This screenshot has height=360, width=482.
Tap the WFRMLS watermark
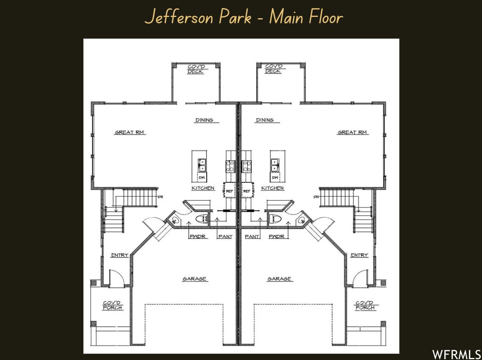click(x=457, y=354)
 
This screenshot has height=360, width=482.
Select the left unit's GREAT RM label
click(x=130, y=132)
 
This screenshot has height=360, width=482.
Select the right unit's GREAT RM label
click(x=352, y=132)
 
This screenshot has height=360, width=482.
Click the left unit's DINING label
click(x=204, y=120)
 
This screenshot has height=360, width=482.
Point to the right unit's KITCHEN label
click(x=272, y=188)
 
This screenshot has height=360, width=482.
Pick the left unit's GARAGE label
click(x=194, y=279)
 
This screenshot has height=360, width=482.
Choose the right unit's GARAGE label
click(x=279, y=279)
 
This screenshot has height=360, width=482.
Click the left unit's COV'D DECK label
click(x=196, y=69)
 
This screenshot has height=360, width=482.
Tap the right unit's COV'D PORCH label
click(x=365, y=305)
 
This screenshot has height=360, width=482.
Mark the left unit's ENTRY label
click(x=120, y=255)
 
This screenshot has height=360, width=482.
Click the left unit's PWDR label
click(x=198, y=236)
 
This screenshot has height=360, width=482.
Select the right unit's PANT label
click(x=252, y=236)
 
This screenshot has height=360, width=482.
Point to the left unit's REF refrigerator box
click(x=229, y=191)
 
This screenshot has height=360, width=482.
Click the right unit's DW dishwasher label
click(x=275, y=177)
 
